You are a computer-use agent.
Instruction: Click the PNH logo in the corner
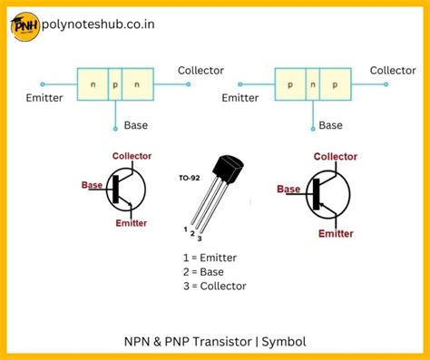click(x=24, y=28)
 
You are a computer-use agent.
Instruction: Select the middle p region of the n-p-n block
click(x=114, y=84)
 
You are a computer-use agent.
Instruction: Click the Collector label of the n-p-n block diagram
click(x=200, y=71)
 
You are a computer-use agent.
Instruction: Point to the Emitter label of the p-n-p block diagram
click(x=240, y=98)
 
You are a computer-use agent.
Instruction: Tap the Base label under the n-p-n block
click(x=136, y=125)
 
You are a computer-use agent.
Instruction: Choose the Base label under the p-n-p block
click(x=331, y=125)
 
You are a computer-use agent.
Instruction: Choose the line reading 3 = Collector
click(x=214, y=286)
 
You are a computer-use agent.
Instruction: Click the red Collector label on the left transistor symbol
click(x=132, y=156)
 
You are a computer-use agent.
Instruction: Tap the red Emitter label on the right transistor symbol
click(x=336, y=233)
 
